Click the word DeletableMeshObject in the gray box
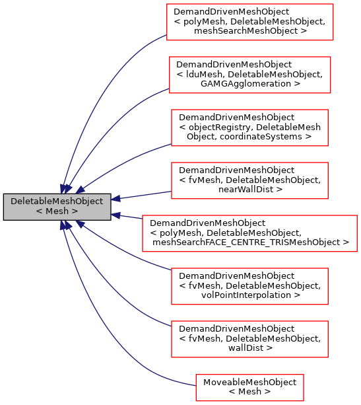[57, 201]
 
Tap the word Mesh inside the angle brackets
[57, 211]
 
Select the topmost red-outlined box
[249, 22]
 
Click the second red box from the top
[249, 75]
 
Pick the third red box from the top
[249, 128]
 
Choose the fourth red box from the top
[249, 180]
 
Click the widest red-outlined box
[249, 233]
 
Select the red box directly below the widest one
[249, 286]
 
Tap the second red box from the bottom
[249, 339]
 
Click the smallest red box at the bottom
[249, 387]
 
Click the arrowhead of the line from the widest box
[115, 215]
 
